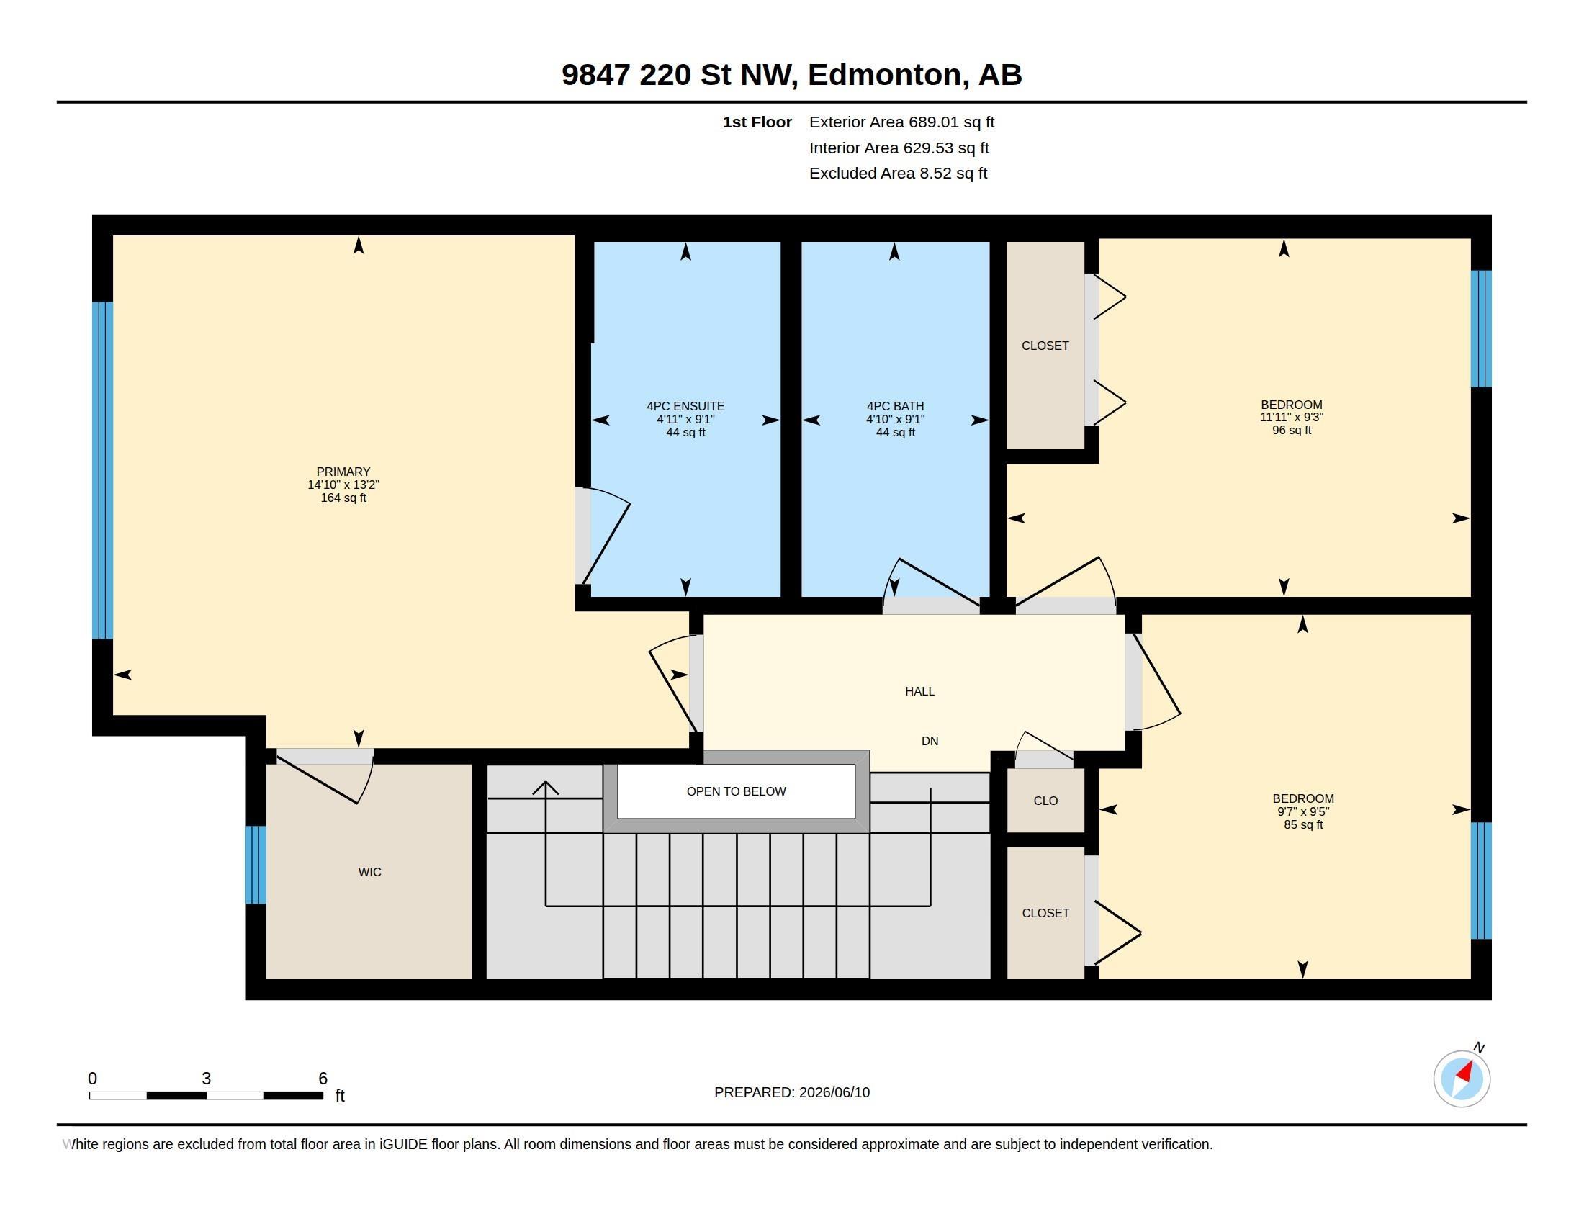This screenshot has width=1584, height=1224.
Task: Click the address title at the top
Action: point(791,75)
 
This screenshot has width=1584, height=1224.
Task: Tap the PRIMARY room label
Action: point(343,472)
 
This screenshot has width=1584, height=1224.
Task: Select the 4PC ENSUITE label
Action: point(685,406)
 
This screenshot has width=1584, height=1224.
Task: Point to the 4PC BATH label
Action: point(895,406)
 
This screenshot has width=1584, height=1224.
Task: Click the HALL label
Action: point(919,691)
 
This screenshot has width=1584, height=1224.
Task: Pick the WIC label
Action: point(369,872)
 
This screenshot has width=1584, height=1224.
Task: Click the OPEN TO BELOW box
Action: point(736,791)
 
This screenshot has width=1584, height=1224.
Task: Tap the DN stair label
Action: point(930,740)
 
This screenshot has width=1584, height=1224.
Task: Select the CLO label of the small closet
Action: point(1045,801)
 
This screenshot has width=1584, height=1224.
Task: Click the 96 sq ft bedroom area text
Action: point(1292,430)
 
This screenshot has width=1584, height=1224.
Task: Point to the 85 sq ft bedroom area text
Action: point(1303,824)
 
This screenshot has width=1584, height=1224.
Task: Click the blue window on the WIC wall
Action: point(256,865)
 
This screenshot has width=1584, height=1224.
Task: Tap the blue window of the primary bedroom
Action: point(102,470)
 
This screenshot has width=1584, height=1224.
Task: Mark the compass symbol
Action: point(1462,1078)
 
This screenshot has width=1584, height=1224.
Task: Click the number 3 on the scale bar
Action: point(206,1079)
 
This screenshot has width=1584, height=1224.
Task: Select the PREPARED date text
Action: point(792,1092)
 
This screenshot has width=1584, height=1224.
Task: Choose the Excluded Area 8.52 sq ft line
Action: point(898,174)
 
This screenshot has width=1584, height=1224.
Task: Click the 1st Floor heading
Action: point(757,122)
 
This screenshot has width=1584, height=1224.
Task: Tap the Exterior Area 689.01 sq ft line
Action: point(901,122)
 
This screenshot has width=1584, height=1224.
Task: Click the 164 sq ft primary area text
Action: point(343,498)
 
